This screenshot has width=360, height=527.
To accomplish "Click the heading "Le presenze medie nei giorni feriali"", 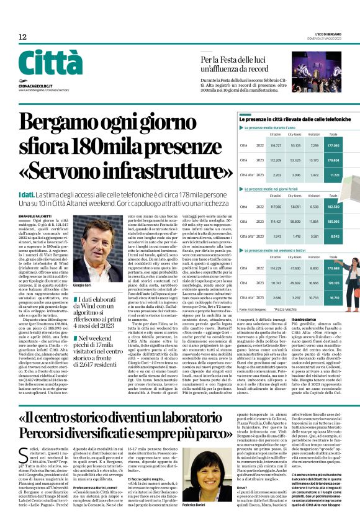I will click(272, 189).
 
